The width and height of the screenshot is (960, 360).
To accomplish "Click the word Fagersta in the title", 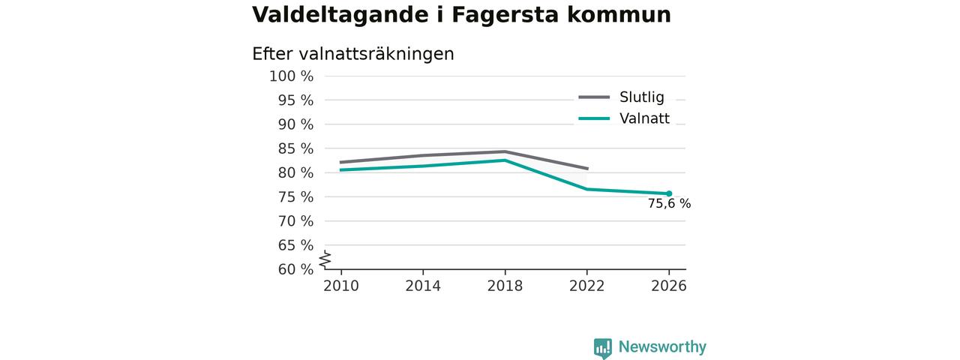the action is pyautogui.click(x=505, y=16).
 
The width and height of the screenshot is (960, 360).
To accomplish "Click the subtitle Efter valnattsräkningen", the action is pyautogui.click(x=353, y=54).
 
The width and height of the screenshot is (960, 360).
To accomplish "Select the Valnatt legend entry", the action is pyautogui.click(x=624, y=118).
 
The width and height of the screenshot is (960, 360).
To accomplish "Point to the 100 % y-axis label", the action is pyautogui.click(x=292, y=76).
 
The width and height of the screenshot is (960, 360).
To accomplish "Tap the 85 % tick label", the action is pyautogui.click(x=295, y=148).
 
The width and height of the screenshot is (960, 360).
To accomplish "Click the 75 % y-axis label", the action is pyautogui.click(x=295, y=197).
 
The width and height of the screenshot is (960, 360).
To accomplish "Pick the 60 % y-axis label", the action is pyautogui.click(x=295, y=269).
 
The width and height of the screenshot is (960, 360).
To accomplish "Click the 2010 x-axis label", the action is pyautogui.click(x=341, y=286).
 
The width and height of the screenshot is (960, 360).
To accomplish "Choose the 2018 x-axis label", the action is pyautogui.click(x=505, y=286).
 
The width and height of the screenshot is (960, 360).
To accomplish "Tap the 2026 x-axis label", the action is pyautogui.click(x=668, y=286).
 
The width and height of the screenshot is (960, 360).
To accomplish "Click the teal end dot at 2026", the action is pyautogui.click(x=669, y=193).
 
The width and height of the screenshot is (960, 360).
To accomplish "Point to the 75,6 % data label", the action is pyautogui.click(x=669, y=203).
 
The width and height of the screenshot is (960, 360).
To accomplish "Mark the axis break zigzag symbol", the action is pyautogui.click(x=325, y=260).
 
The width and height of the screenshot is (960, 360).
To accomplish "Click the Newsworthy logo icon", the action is pyautogui.click(x=602, y=348).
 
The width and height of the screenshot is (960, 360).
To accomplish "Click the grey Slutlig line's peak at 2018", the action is pyautogui.click(x=505, y=151).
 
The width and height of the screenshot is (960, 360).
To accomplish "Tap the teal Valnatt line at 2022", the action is pyautogui.click(x=586, y=189).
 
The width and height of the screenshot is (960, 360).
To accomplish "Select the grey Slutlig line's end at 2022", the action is pyautogui.click(x=587, y=169).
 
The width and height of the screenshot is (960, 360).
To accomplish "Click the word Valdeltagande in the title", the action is pyautogui.click(x=340, y=16).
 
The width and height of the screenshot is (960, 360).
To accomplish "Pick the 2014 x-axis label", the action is pyautogui.click(x=423, y=286).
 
